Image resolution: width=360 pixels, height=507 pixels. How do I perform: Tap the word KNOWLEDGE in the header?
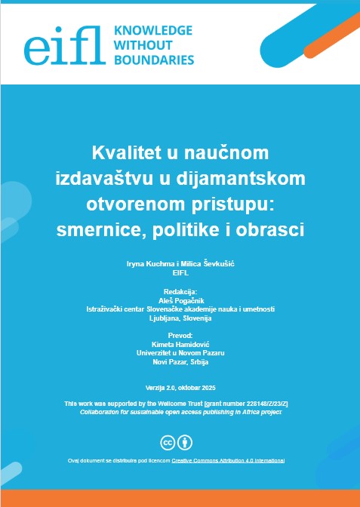pyautogui.click(x=152, y=31)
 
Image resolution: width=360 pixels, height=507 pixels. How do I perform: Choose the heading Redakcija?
pyautogui.click(x=180, y=290)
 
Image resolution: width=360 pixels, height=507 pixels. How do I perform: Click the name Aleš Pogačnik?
pyautogui.click(x=180, y=300)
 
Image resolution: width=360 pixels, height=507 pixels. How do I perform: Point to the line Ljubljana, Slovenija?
pyautogui.click(x=180, y=318)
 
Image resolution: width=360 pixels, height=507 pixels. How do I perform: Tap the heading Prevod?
pyautogui.click(x=180, y=334)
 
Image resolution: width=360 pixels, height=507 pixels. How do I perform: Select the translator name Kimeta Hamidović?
pyautogui.click(x=180, y=343)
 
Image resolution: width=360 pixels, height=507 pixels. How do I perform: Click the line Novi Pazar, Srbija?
pyautogui.click(x=180, y=361)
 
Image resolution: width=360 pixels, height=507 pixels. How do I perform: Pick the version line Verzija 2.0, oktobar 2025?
pyautogui.click(x=180, y=387)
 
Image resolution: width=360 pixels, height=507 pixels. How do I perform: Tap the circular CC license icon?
pyautogui.click(x=168, y=441)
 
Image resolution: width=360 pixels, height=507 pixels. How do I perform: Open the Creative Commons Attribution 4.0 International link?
pyautogui.click(x=228, y=459)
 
